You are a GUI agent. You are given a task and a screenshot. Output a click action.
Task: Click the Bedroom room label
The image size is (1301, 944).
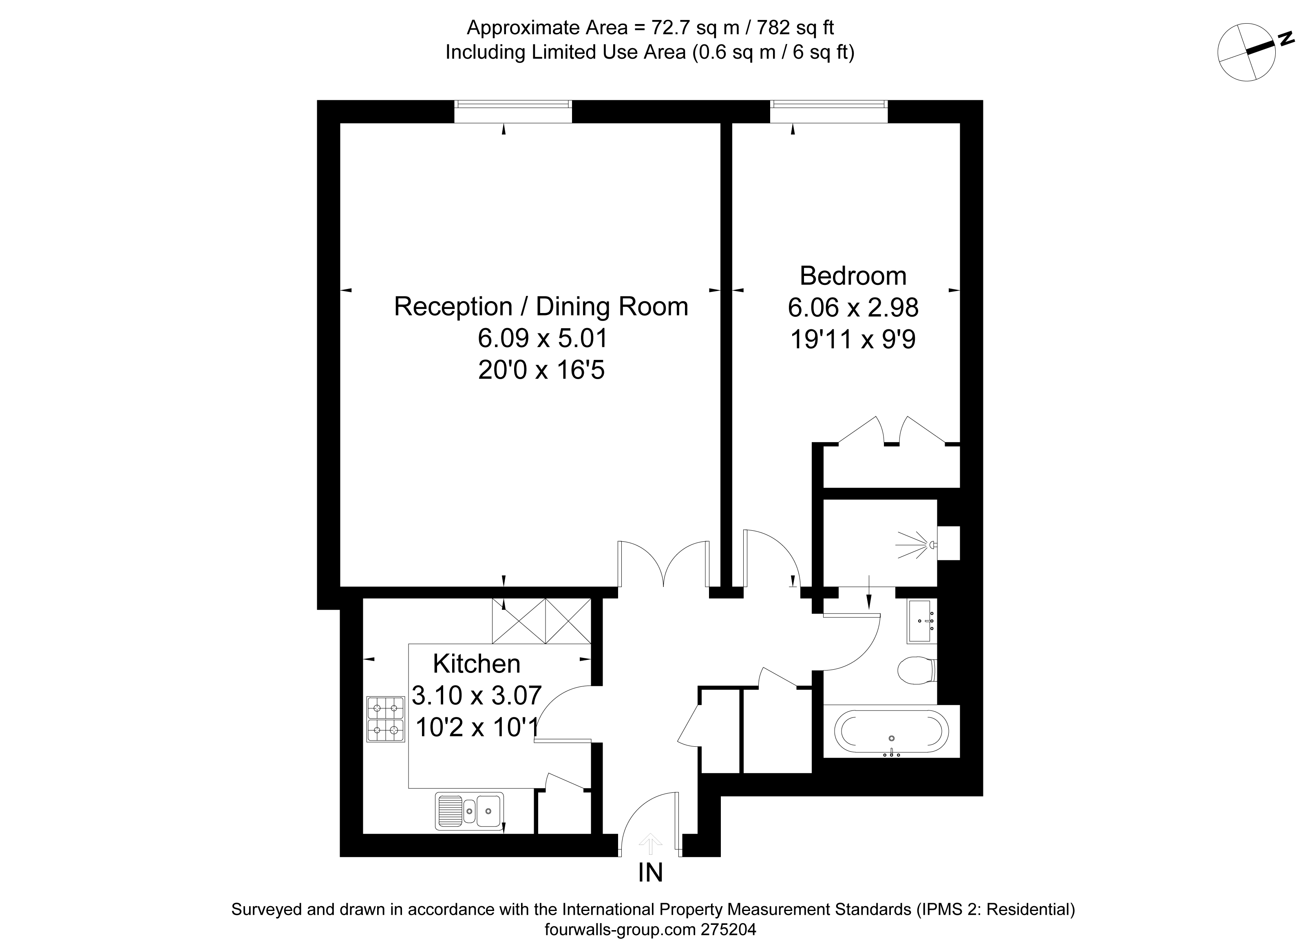click(x=853, y=276)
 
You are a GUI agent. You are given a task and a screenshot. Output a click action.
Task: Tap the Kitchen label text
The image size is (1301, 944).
click(x=477, y=664)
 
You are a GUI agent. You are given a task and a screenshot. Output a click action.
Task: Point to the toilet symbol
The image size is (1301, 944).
click(x=917, y=670)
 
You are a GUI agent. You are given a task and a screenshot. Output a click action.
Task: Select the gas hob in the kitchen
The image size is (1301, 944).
click(x=385, y=719)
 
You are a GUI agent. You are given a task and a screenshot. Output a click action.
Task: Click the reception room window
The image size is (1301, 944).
click(x=513, y=111)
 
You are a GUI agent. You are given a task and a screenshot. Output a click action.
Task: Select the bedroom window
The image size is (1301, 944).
click(x=828, y=111)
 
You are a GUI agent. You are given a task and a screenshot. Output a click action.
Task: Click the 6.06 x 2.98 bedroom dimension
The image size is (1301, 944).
click(x=853, y=308)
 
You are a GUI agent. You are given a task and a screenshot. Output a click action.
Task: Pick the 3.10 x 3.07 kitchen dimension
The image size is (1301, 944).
click(x=477, y=696)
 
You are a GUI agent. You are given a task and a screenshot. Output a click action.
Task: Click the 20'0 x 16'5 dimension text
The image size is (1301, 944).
click(x=541, y=370)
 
